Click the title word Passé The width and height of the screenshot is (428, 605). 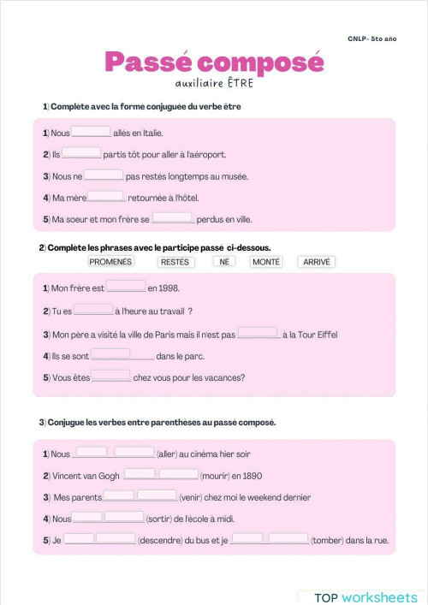click(146, 62)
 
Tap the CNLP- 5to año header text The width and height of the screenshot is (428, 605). click(372, 39)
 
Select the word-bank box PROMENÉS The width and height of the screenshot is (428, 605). click(111, 262)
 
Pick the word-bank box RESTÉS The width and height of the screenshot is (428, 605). click(175, 262)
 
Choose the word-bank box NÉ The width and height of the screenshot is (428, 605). click(224, 262)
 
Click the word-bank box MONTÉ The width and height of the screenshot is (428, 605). click(265, 262)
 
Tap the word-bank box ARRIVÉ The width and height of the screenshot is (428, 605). click(317, 262)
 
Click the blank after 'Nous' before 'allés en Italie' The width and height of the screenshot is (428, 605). click(92, 132)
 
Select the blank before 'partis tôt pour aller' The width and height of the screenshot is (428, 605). click(81, 153)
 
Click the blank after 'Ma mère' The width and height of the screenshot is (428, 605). click(106, 196)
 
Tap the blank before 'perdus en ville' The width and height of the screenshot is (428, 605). click(173, 218)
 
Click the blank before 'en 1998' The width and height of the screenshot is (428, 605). click(126, 287)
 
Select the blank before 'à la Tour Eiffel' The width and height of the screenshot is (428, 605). click(259, 333)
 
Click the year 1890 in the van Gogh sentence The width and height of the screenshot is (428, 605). click(251, 475)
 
